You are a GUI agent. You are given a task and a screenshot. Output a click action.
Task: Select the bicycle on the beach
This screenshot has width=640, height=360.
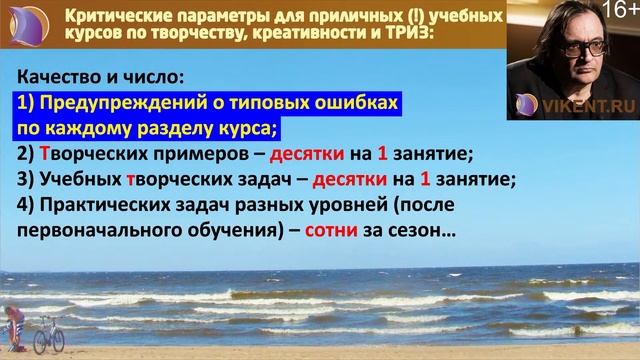(x=47, y=334)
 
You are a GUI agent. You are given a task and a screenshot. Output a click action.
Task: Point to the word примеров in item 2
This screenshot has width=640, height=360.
(x=214, y=154)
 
